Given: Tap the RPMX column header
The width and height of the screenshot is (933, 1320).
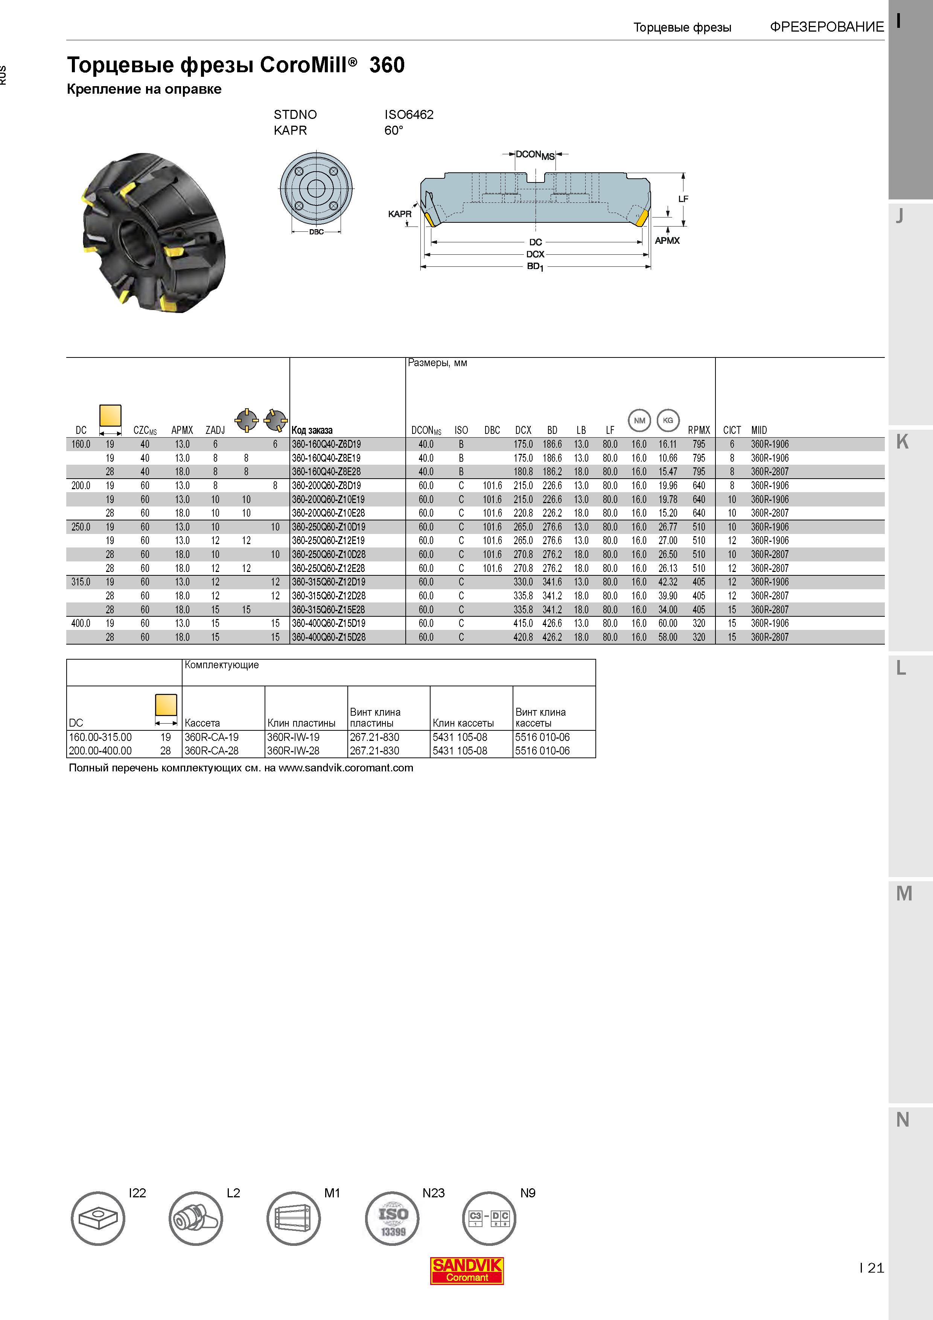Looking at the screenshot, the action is tap(699, 430).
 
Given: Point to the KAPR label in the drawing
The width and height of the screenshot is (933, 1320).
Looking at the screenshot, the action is tap(400, 214).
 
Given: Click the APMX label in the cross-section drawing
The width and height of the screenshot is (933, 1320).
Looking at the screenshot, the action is tap(667, 240).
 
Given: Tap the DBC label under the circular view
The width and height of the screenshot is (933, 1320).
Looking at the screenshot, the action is tap(316, 232).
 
